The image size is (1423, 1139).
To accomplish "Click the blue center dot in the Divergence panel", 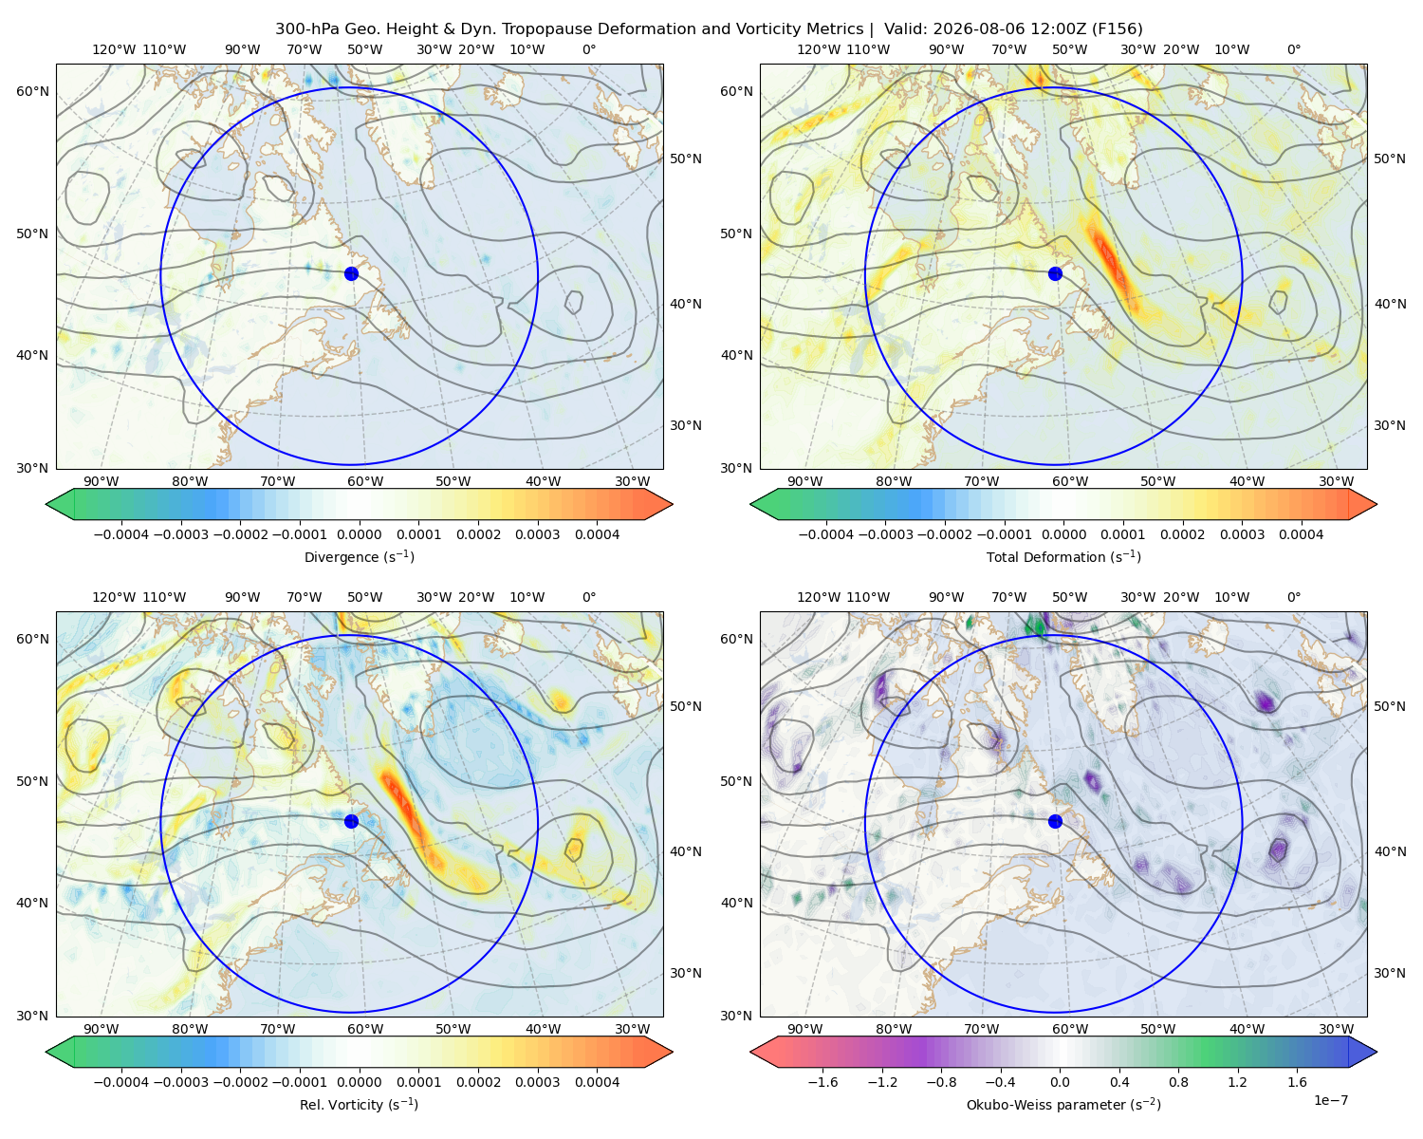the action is click(351, 274).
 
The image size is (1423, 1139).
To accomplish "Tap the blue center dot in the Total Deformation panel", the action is click(1055, 274).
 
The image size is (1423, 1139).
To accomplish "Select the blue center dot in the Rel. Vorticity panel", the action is click(351, 821).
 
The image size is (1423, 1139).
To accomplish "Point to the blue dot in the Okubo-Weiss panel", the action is click(1055, 821).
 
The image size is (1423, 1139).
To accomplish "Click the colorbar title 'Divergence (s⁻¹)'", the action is click(359, 556).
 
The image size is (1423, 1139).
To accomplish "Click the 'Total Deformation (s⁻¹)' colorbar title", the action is click(1063, 556).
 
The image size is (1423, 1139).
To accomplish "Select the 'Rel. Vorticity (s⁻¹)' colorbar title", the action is click(359, 1105).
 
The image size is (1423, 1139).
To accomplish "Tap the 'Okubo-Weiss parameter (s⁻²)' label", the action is click(1063, 1105).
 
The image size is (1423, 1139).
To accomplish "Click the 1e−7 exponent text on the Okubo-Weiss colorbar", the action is click(1330, 1100).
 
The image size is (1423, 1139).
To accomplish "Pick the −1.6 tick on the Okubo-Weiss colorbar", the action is click(822, 1082).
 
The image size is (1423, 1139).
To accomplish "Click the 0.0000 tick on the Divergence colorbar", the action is click(359, 534).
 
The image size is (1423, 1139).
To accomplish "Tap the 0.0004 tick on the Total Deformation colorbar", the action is click(1302, 534).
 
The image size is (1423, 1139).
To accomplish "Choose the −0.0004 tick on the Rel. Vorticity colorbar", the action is click(121, 1082).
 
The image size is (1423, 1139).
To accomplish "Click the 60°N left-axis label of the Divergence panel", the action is click(32, 91).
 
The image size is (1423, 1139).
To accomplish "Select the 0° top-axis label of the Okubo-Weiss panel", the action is click(1294, 597).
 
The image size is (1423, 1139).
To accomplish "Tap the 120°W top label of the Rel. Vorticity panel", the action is click(114, 597).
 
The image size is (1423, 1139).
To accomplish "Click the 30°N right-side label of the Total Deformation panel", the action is click(1389, 425).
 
